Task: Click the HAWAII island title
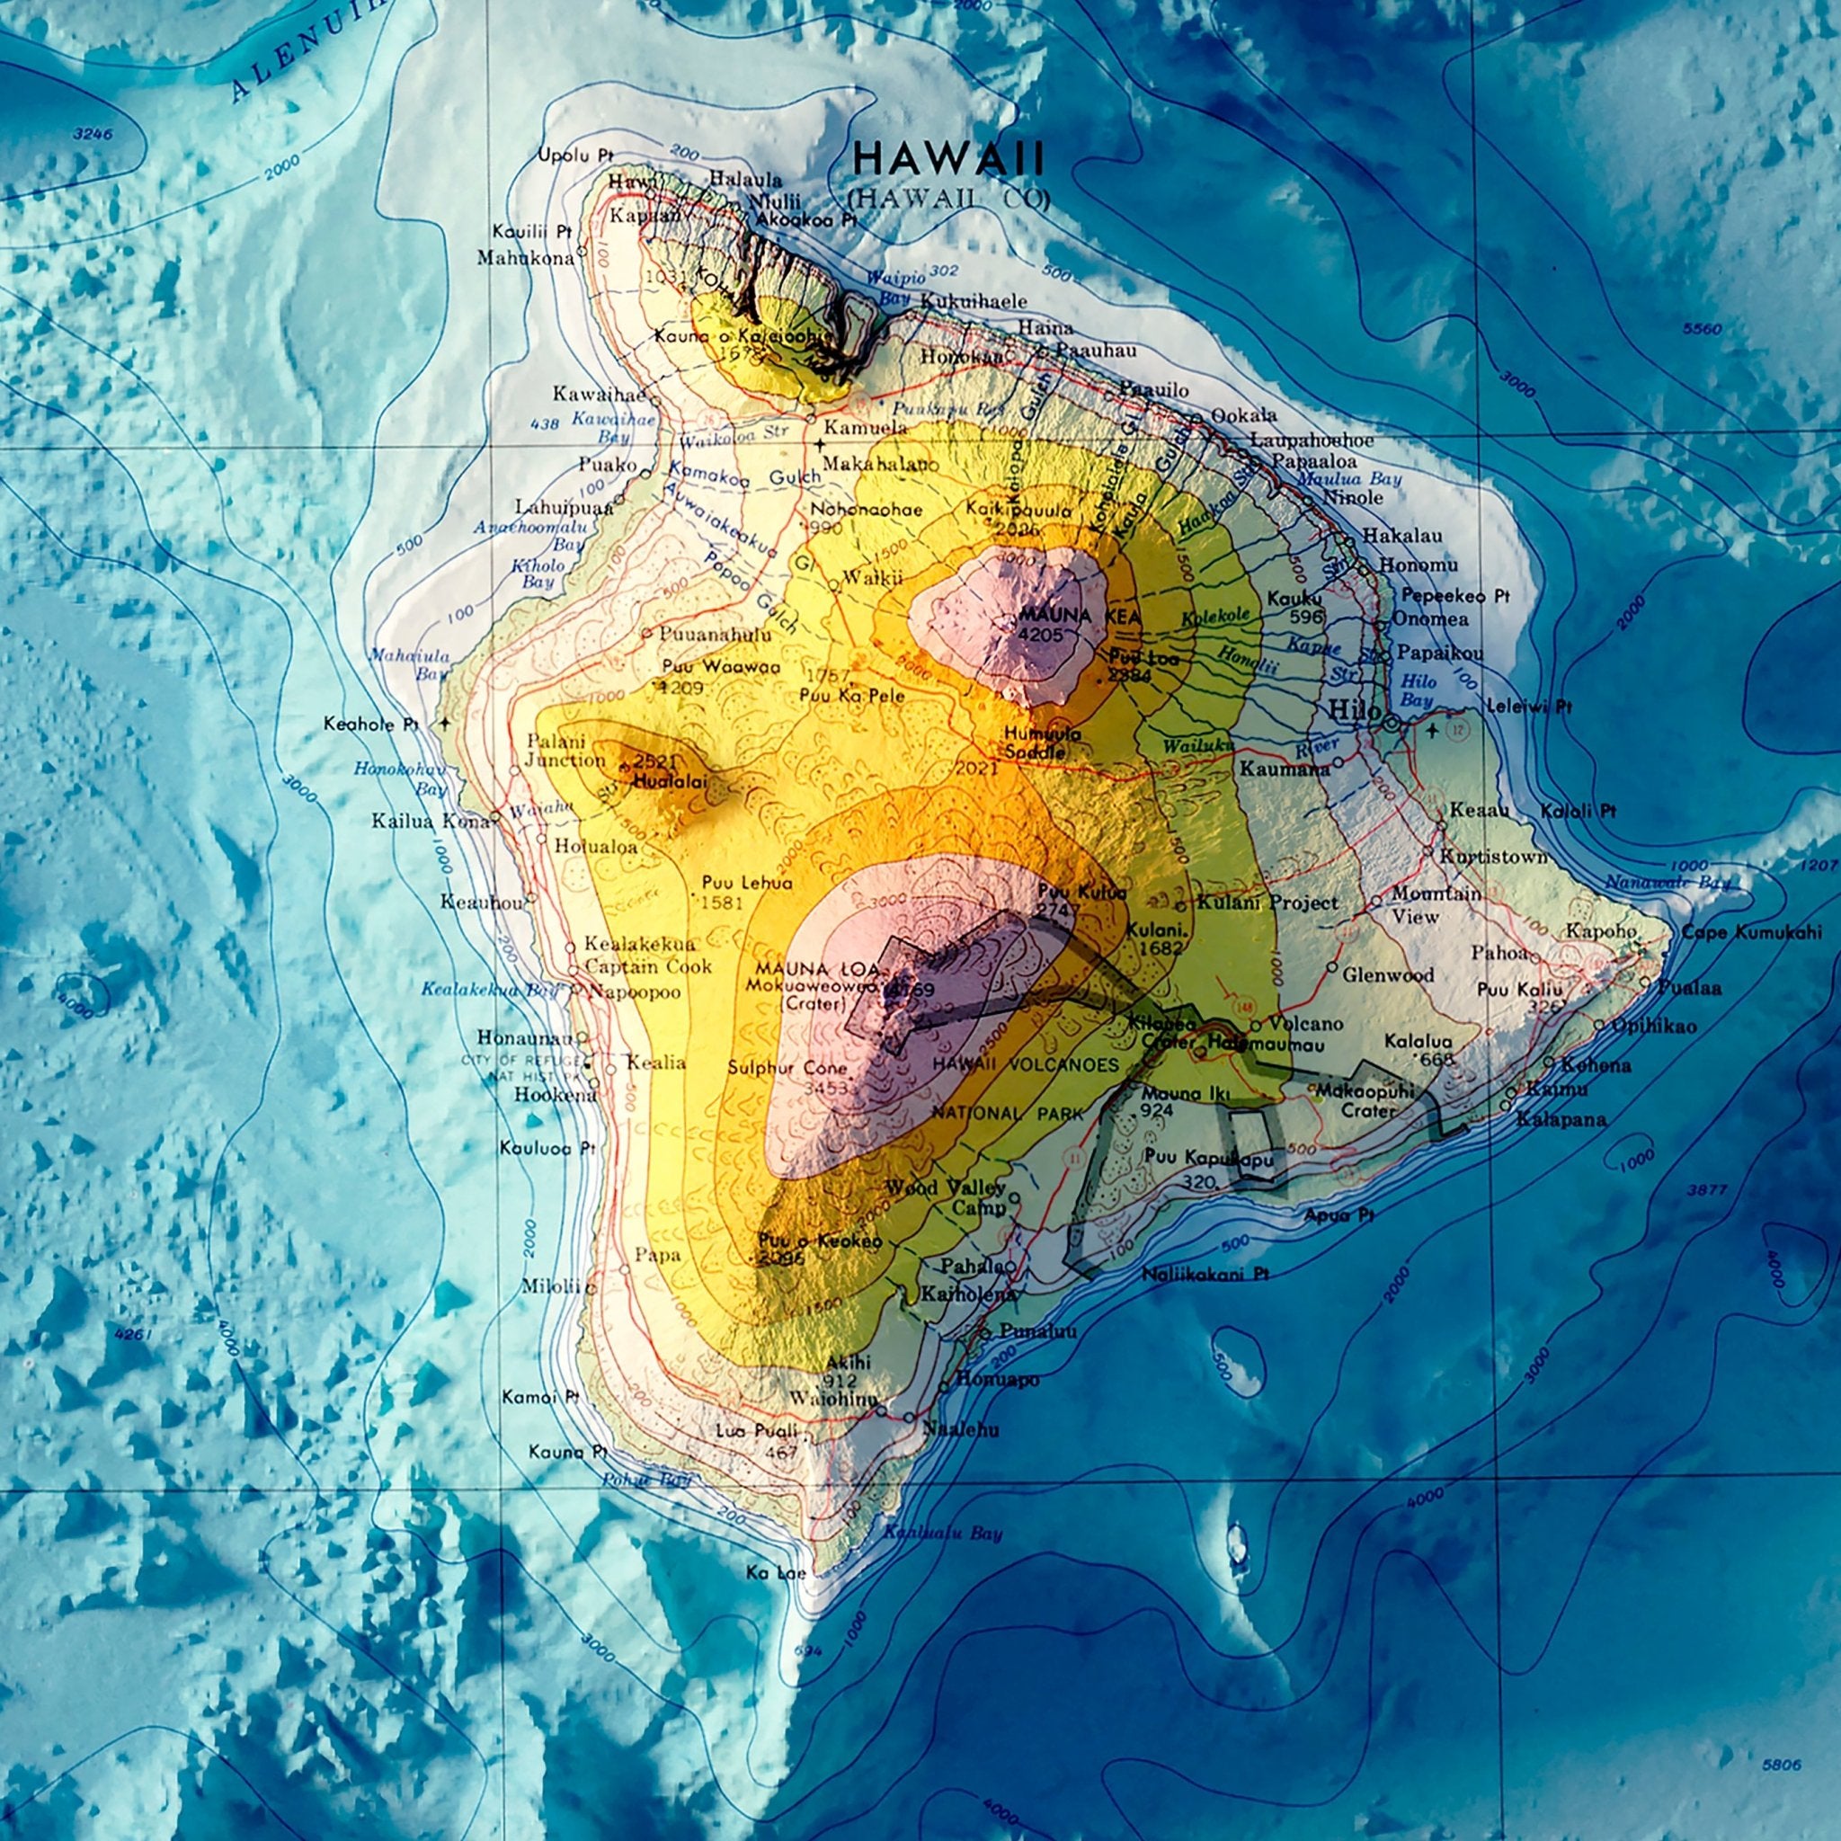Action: (949, 158)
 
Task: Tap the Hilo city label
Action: (1354, 710)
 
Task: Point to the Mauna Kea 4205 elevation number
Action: (1045, 632)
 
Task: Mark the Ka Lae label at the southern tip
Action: (776, 1572)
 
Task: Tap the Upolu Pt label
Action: (574, 155)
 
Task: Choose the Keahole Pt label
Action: (370, 725)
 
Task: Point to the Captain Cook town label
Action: (648, 966)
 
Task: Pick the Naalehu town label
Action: (962, 1428)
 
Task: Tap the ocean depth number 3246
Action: (93, 134)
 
